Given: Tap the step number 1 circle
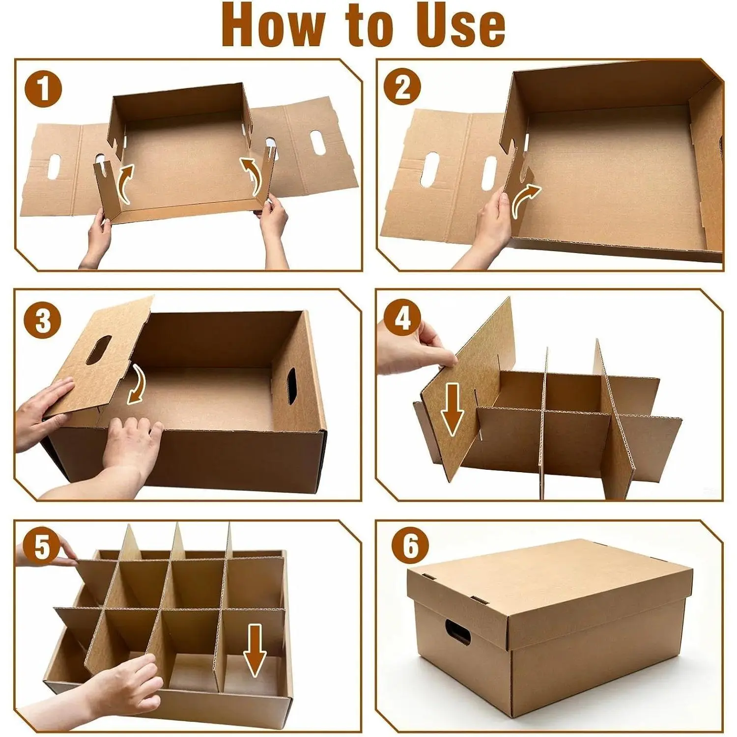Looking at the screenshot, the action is pos(44,89).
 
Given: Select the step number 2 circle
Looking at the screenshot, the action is pos(402,86).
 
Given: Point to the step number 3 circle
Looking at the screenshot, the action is pos(43,321).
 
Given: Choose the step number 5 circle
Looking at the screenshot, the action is pos(42,547).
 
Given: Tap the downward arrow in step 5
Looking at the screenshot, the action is pos(255,650).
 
